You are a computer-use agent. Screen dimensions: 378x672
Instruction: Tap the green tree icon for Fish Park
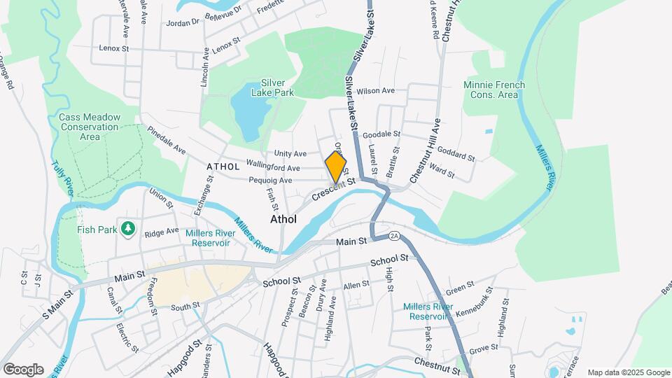click(127, 228)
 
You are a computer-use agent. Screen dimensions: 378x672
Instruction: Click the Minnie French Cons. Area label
click(494, 90)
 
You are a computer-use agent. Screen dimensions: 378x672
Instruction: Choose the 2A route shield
click(394, 236)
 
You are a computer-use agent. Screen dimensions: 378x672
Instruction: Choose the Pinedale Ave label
click(166, 142)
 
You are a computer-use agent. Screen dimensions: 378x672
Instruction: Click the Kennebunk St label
click(474, 309)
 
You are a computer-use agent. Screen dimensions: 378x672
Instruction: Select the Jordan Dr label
click(183, 22)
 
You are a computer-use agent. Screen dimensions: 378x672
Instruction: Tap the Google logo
click(23, 370)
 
